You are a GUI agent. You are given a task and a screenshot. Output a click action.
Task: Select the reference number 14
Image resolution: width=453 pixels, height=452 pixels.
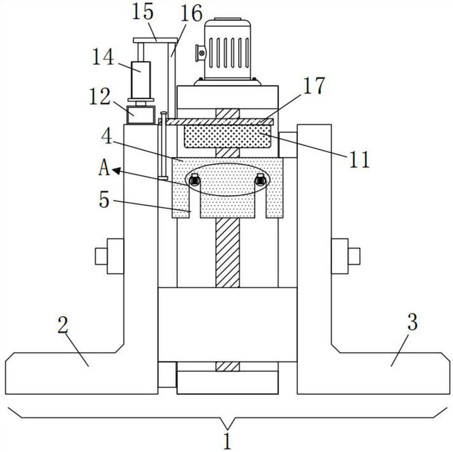104,57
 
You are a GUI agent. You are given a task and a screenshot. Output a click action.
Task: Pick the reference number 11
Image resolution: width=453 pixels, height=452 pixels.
359,159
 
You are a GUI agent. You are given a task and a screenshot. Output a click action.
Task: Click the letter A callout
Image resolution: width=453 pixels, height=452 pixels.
103,169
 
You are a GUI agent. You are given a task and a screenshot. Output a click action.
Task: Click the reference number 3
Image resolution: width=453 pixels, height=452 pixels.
413,323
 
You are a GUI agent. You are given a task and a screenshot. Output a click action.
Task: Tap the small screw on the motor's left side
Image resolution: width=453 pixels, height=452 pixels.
200,53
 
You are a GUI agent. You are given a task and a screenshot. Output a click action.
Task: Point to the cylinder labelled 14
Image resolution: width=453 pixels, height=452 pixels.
142,79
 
